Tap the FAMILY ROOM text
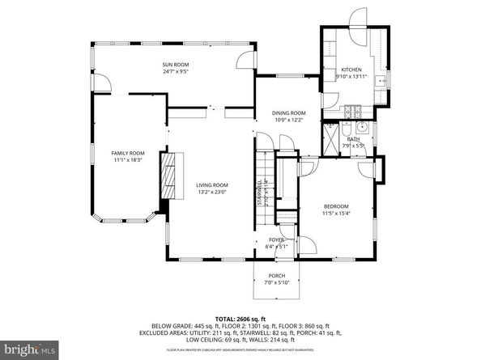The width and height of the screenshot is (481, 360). (128, 153)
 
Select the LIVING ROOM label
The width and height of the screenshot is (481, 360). (212, 184)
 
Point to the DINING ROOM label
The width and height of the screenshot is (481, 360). (288, 112)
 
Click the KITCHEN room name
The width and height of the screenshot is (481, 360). (351, 70)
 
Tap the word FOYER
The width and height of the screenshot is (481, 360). (276, 240)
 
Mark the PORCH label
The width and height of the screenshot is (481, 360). (276, 274)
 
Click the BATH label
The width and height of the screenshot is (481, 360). (353, 139)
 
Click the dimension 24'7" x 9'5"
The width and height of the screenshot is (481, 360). (176, 71)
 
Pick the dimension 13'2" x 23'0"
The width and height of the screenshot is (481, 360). (212, 193)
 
